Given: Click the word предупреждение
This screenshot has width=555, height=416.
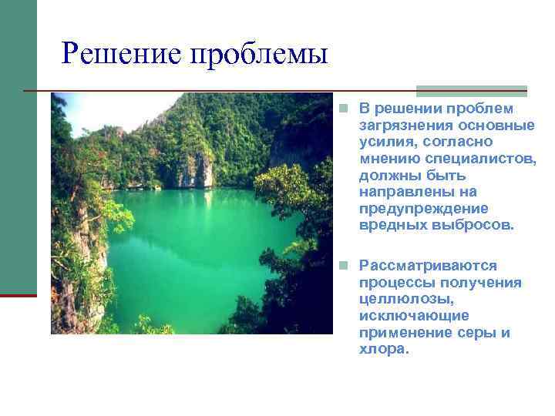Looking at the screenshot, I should (423, 209).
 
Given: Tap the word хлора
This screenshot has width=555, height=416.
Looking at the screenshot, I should (384, 349).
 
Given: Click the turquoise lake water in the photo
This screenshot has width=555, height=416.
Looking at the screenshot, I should (185, 247).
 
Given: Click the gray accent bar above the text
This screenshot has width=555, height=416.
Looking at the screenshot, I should (472, 89).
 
